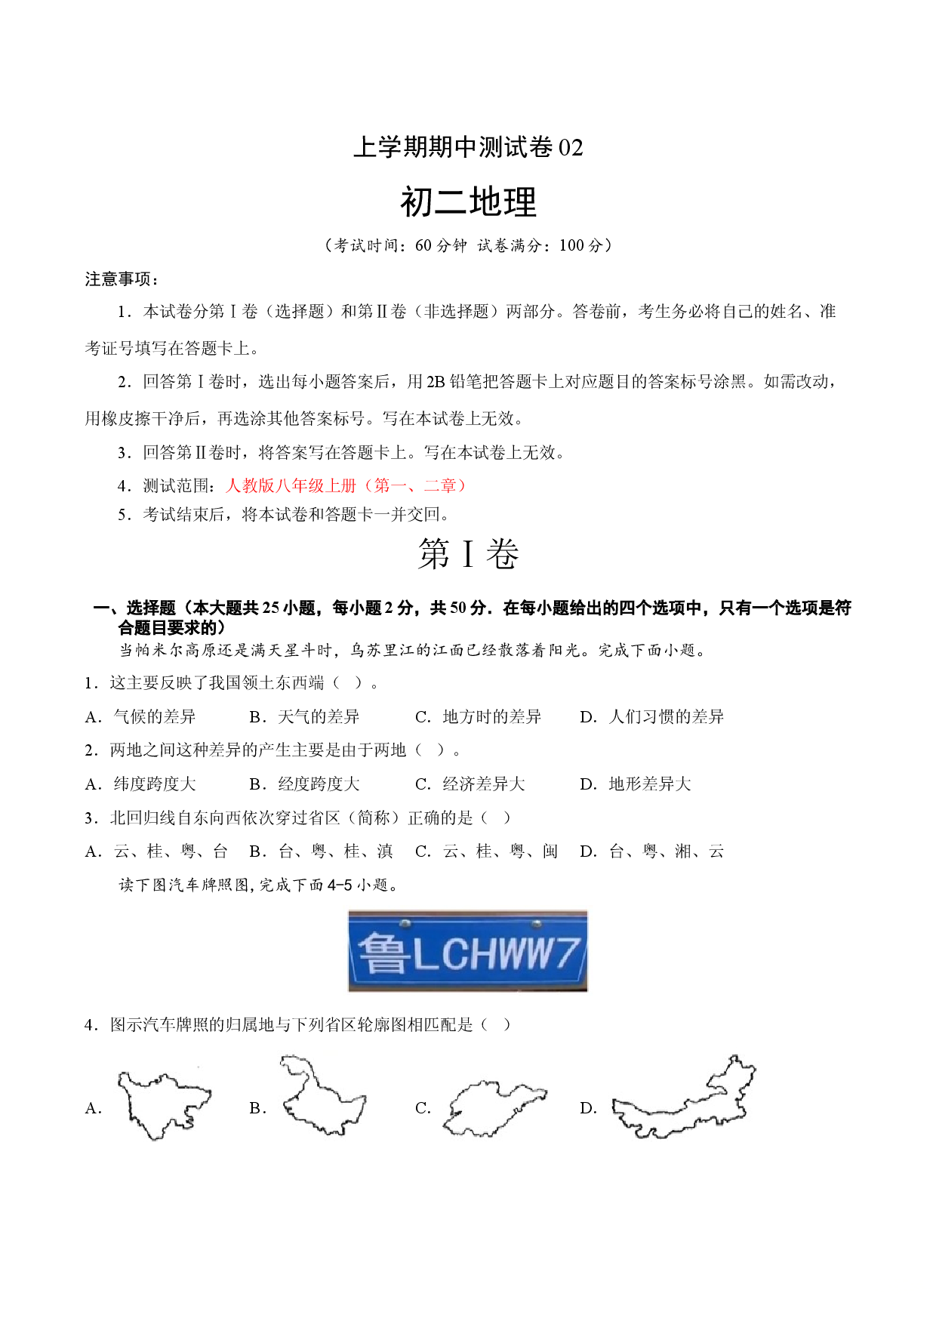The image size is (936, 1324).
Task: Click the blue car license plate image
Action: tap(467, 950)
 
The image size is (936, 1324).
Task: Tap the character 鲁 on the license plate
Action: tap(383, 953)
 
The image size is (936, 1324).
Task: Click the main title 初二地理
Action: tap(468, 202)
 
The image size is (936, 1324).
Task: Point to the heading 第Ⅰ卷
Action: tap(468, 554)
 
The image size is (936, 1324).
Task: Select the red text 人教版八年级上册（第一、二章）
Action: tap(346, 485)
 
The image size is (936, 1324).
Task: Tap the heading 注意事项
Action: tap(122, 279)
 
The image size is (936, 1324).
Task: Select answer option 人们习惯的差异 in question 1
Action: tap(666, 716)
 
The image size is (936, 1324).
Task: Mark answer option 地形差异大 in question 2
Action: tap(650, 784)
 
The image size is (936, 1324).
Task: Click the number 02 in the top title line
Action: tap(571, 147)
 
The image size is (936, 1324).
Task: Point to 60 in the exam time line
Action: tap(423, 245)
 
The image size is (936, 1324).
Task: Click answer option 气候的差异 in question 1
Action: tap(154, 716)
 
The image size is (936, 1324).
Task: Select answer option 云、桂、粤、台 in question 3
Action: tap(171, 851)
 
